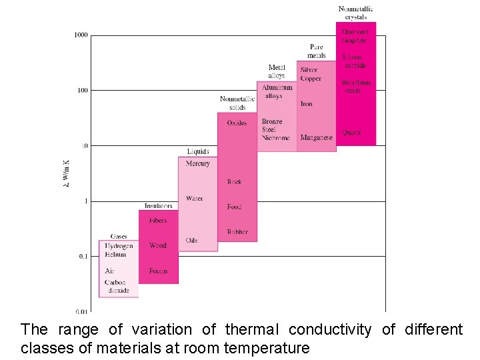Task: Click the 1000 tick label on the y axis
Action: tap(81, 35)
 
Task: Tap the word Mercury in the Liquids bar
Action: tap(197, 163)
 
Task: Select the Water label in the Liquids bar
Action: tap(195, 199)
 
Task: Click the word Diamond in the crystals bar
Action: tap(355, 32)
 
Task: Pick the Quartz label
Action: tap(351, 133)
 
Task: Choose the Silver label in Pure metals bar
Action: tap(309, 70)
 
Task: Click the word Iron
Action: tap(307, 104)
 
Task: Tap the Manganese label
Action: tap(316, 138)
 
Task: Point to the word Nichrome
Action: tap(275, 138)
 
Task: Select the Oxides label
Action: tap(237, 123)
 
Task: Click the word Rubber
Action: tap(237, 232)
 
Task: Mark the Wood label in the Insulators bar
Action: tap(158, 245)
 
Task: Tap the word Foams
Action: tap(159, 271)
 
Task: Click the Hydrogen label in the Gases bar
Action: tap(119, 246)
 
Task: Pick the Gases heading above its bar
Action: tap(119, 237)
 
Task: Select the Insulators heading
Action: tap(159, 206)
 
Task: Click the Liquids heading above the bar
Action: tap(198, 152)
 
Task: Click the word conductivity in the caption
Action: tap(330, 329)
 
